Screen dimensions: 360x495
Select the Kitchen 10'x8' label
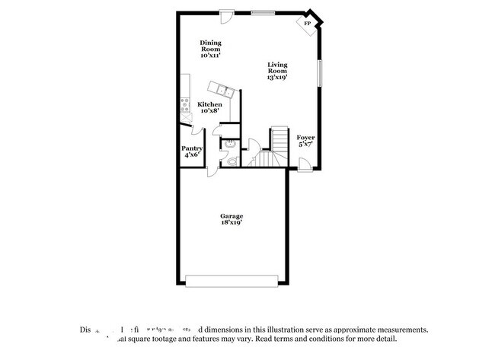210,107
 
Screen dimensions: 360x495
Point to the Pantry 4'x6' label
191,151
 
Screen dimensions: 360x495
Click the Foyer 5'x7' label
305,141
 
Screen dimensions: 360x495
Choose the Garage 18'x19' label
232,220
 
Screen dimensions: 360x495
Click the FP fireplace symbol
308,24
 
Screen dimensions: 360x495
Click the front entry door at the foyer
303,163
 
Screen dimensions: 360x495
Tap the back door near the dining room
227,15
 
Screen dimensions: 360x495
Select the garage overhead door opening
232,282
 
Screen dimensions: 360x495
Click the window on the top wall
263,11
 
